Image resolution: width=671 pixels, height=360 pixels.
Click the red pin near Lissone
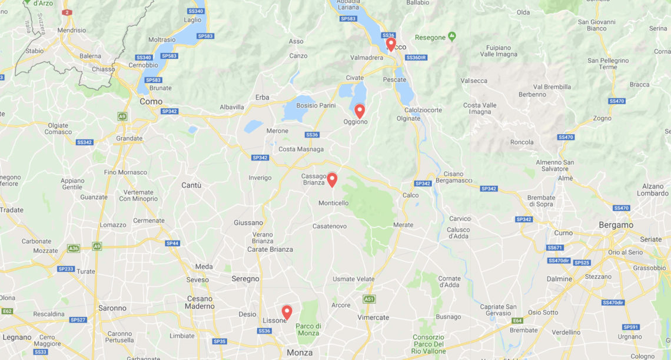(287, 312)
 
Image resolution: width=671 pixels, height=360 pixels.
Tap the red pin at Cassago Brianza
(332, 179)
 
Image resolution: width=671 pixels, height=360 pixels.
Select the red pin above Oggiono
(360, 111)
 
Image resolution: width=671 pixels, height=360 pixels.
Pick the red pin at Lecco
(391, 44)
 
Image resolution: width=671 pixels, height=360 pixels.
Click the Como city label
(151, 101)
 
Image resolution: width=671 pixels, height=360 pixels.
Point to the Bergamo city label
(616, 225)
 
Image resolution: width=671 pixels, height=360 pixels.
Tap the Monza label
(300, 352)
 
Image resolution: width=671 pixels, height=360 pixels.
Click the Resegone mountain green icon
(451, 36)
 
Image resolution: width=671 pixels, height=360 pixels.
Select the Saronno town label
(112, 308)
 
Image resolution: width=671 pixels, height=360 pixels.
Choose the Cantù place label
(191, 185)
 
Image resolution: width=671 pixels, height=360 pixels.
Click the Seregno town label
(245, 279)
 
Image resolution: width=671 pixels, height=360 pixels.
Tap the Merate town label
(403, 225)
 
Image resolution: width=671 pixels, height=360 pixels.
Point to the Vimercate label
(373, 318)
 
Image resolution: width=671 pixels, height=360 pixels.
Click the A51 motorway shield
(369, 299)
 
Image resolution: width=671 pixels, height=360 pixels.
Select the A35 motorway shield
(74, 248)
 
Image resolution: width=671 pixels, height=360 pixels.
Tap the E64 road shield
(517, 321)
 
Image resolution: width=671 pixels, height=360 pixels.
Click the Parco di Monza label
(308, 329)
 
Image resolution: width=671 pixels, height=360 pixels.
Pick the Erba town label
(262, 97)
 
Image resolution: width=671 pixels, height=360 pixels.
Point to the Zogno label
(602, 118)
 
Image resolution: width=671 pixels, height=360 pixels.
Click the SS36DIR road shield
(416, 58)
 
